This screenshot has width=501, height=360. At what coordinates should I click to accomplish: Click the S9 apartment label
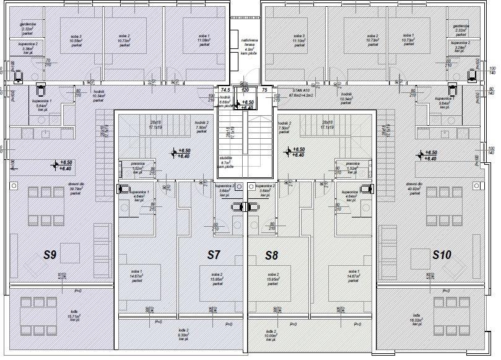tap(50, 254)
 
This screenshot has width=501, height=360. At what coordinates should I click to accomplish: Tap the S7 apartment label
tap(214, 255)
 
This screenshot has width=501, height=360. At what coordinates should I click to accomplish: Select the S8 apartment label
tap(272, 255)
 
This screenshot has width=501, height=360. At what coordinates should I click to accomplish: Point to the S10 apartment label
tap(442, 254)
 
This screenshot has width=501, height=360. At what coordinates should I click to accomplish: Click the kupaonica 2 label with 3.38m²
tap(28, 48)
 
